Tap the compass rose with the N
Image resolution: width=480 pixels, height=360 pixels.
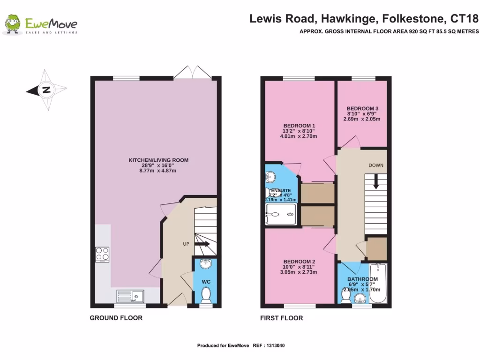[46, 90]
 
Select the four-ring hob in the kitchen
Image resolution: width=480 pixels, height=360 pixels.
[102, 254]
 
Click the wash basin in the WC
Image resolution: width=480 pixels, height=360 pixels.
[205, 265]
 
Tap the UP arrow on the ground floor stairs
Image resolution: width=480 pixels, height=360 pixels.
[202, 244]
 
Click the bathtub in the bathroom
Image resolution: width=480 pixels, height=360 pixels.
[378, 284]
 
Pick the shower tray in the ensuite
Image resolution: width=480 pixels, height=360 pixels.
[281, 214]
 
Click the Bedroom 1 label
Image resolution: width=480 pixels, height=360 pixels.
[299, 126]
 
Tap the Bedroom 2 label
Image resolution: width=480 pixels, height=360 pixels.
[299, 262]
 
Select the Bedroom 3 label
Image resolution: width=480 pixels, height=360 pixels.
[362, 108]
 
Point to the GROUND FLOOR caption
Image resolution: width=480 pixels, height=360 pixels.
[116, 318]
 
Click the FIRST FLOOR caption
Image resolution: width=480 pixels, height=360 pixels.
[281, 318]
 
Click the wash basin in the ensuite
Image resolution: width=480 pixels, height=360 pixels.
[270, 177]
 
